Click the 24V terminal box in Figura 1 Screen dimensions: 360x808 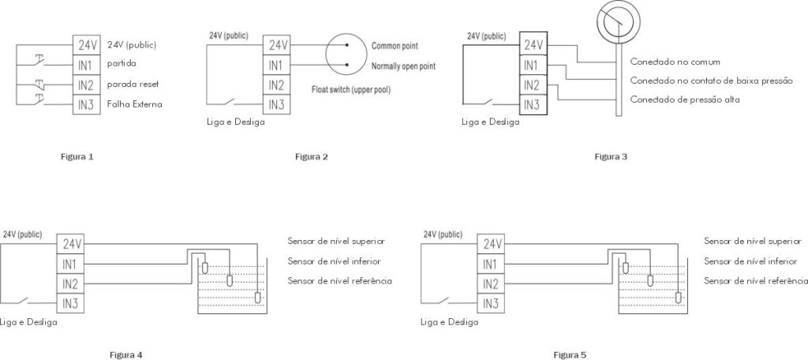click(x=87, y=45)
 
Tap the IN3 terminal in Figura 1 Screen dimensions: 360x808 click(x=87, y=103)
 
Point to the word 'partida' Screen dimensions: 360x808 click(x=121, y=64)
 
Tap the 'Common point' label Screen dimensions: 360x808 click(x=394, y=46)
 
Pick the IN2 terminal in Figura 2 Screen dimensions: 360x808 click(x=277, y=84)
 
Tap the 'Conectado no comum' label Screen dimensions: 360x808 click(x=675, y=61)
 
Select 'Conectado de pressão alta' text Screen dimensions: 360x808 click(x=683, y=99)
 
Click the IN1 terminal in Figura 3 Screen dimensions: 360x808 click(x=533, y=66)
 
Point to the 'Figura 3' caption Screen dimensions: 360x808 click(x=611, y=156)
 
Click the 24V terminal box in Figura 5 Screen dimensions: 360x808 click(x=492, y=244)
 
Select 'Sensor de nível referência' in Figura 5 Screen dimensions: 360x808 click(x=755, y=281)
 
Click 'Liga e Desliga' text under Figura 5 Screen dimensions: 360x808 click(x=450, y=322)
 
